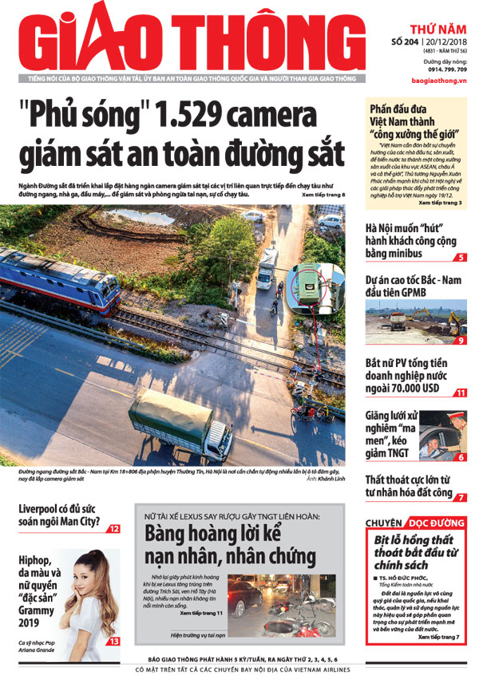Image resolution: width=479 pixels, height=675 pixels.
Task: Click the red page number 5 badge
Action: pyautogui.click(x=461, y=258)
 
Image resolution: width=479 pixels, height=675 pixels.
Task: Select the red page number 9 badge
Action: pyautogui.click(x=461, y=341)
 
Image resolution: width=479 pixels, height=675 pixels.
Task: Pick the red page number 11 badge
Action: pyautogui.click(x=461, y=393)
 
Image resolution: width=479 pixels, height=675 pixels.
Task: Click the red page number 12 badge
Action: pyautogui.click(x=114, y=529)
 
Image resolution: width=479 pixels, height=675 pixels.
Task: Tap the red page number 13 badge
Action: pyautogui.click(x=114, y=641)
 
